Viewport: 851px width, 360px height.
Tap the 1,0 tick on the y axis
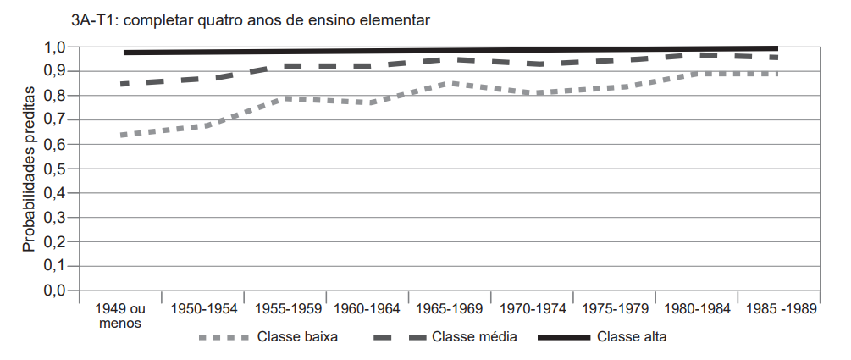coord(55,47)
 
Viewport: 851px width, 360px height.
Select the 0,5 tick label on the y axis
coord(55,169)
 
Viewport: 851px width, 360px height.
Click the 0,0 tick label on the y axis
coord(55,291)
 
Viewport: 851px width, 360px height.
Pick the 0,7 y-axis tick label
coord(55,120)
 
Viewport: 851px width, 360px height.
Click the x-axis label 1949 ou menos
coord(119,315)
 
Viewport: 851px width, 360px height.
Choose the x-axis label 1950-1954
coord(202,308)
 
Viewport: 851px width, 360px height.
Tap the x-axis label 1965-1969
coord(449,308)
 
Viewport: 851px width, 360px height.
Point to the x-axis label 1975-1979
coord(614,308)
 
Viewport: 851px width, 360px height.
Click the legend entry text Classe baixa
coord(297,337)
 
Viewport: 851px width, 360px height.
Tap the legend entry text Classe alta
coord(632,337)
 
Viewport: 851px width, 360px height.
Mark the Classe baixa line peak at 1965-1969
coord(454,83)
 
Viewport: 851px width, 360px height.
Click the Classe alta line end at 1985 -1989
coord(776,48)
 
